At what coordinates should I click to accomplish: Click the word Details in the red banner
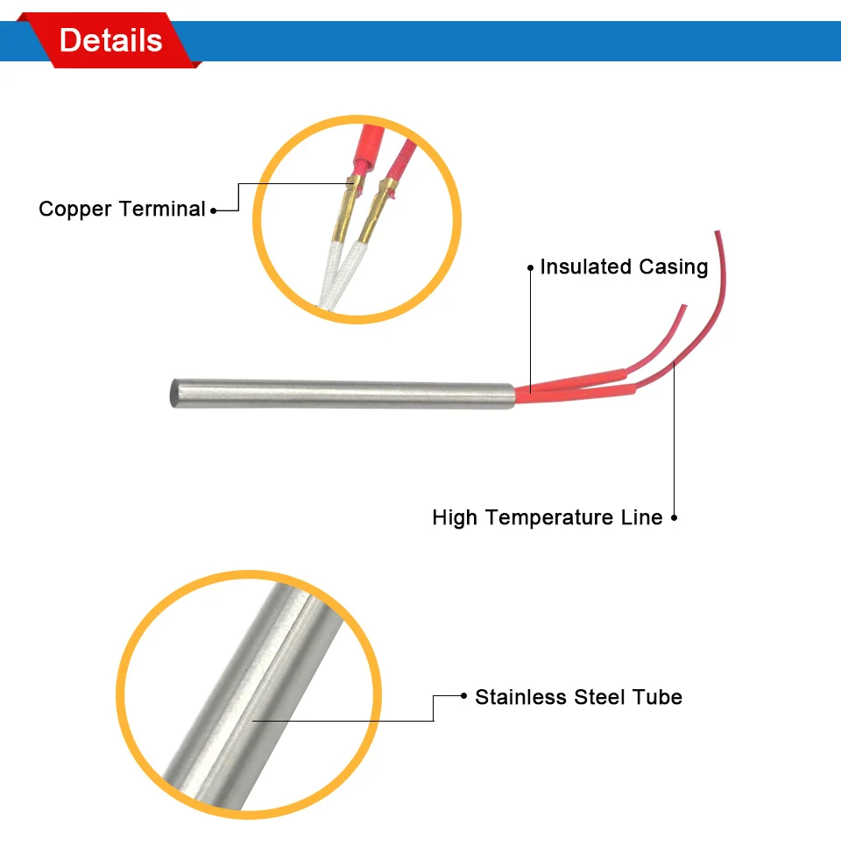111,40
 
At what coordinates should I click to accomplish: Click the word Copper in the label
75,210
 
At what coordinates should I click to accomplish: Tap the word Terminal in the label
162,210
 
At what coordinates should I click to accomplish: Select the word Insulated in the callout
580,267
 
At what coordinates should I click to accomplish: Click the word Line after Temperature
642,517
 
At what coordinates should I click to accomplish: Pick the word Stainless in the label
520,698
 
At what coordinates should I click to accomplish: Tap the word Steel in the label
599,698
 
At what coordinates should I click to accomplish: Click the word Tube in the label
657,698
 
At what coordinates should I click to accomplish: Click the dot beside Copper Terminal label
214,210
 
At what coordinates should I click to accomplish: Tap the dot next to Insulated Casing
530,267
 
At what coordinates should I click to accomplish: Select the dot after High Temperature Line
674,518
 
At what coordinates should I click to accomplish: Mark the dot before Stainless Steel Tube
463,697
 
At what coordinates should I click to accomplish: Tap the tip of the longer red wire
717,233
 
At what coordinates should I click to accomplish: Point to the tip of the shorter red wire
684,307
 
